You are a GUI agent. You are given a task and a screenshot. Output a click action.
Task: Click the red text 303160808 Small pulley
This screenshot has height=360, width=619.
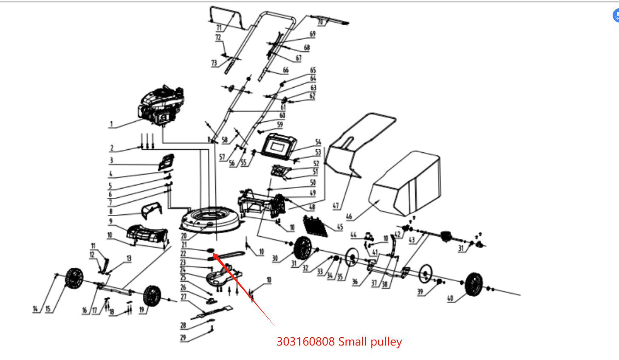click(x=339, y=342)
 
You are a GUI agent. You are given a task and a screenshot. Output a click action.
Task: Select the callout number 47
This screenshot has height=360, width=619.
click(x=336, y=206)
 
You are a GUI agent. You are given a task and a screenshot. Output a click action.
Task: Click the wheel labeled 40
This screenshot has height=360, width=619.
click(x=474, y=284)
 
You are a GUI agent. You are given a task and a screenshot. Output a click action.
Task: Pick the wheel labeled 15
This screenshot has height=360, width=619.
click(x=74, y=280)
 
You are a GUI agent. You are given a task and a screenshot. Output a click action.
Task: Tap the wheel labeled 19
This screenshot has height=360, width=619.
click(x=152, y=296)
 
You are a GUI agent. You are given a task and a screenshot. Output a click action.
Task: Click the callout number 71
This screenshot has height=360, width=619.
click(x=219, y=28)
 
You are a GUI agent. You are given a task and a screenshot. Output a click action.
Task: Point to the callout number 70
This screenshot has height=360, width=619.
click(x=320, y=21)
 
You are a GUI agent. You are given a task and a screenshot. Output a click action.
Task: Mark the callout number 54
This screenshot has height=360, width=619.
click(x=318, y=142)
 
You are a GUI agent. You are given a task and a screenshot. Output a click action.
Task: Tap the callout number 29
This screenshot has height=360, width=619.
click(x=183, y=337)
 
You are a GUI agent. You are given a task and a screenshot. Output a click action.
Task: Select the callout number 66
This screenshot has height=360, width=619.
click(x=285, y=70)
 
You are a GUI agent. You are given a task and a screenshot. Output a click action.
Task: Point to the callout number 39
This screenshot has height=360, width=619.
click(x=420, y=291)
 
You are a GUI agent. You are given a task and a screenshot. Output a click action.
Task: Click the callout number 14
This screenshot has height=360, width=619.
click(x=35, y=309)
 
